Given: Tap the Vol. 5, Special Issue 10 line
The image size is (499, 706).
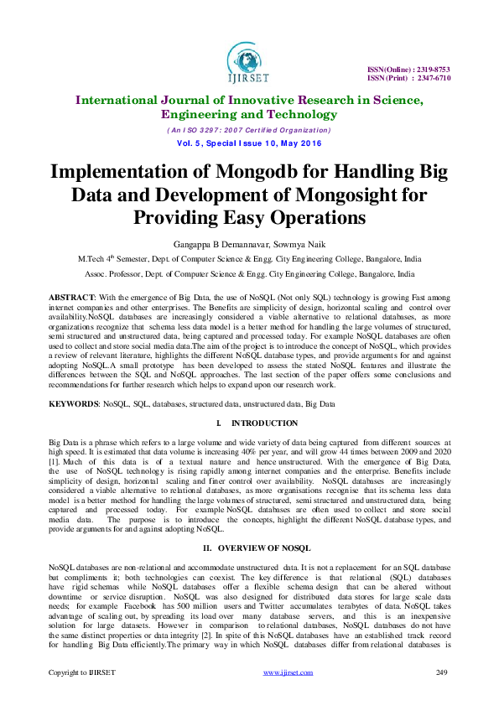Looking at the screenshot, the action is click(249, 143).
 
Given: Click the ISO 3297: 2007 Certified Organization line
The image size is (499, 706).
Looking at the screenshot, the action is click(249, 130).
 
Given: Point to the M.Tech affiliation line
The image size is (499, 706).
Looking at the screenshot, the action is click(249, 259).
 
